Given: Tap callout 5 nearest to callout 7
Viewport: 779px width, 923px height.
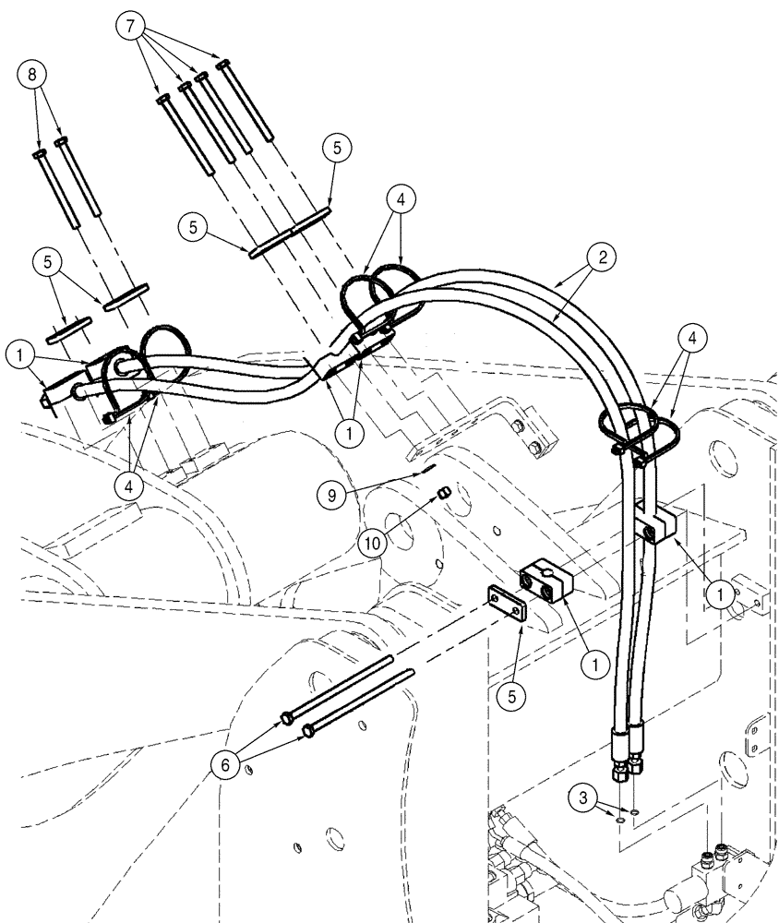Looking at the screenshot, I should [x=337, y=147].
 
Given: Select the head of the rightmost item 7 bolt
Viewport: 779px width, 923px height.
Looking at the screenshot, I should [x=222, y=64].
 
